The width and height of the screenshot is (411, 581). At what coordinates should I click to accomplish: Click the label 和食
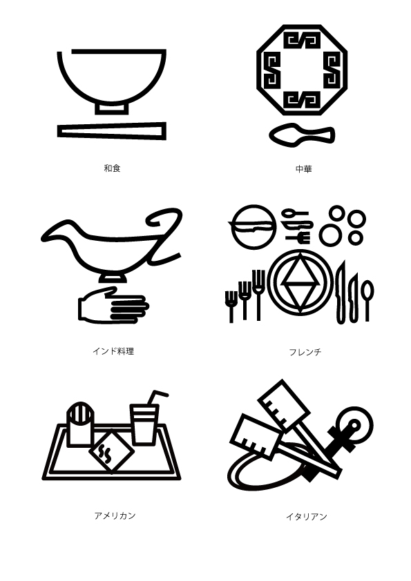pos(112,168)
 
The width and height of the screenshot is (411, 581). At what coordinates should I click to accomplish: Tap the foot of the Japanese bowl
pos(111,108)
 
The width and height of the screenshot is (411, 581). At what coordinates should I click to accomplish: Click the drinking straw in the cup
pos(156,400)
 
